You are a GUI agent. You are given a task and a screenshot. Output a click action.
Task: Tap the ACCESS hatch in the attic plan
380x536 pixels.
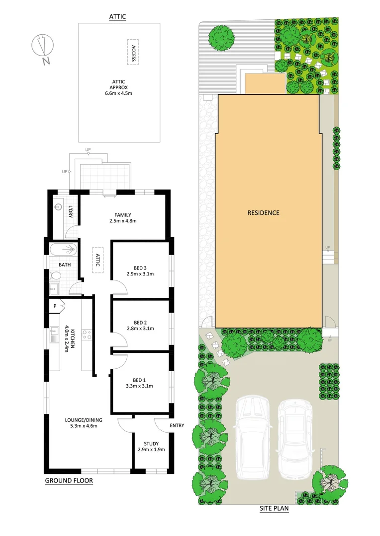tap(133, 52)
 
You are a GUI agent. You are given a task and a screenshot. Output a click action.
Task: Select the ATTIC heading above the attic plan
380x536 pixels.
tap(117, 16)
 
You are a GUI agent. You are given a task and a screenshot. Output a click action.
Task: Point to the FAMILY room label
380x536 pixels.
tap(122, 215)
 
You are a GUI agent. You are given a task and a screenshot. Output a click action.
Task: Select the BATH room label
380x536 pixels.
tap(65, 265)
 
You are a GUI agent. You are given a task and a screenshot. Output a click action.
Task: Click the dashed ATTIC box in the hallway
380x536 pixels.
tap(97, 260)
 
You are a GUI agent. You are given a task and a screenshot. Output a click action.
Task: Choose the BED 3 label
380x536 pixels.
tap(140, 268)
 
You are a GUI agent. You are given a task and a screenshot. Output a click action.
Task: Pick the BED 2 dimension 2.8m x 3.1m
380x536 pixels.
tap(140, 328)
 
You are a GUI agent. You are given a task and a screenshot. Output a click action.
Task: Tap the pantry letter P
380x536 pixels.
tap(55, 306)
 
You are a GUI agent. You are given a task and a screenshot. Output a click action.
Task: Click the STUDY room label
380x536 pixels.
tap(151, 444)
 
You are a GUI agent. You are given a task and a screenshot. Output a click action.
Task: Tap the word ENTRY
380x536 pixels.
tap(177, 425)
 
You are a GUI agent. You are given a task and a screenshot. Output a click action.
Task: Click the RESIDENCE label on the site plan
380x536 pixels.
tap(264, 213)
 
